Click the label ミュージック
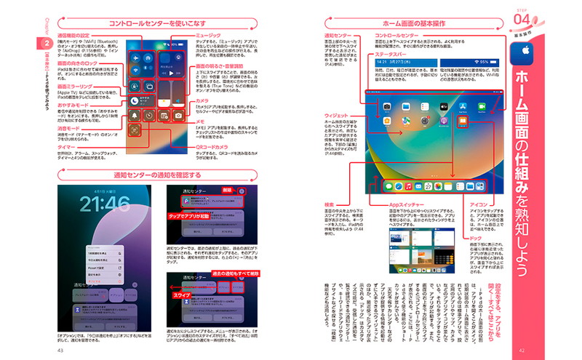point(209,34)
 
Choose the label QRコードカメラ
point(214,147)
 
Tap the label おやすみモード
point(73,105)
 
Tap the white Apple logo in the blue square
point(522,53)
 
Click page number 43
point(60,350)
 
